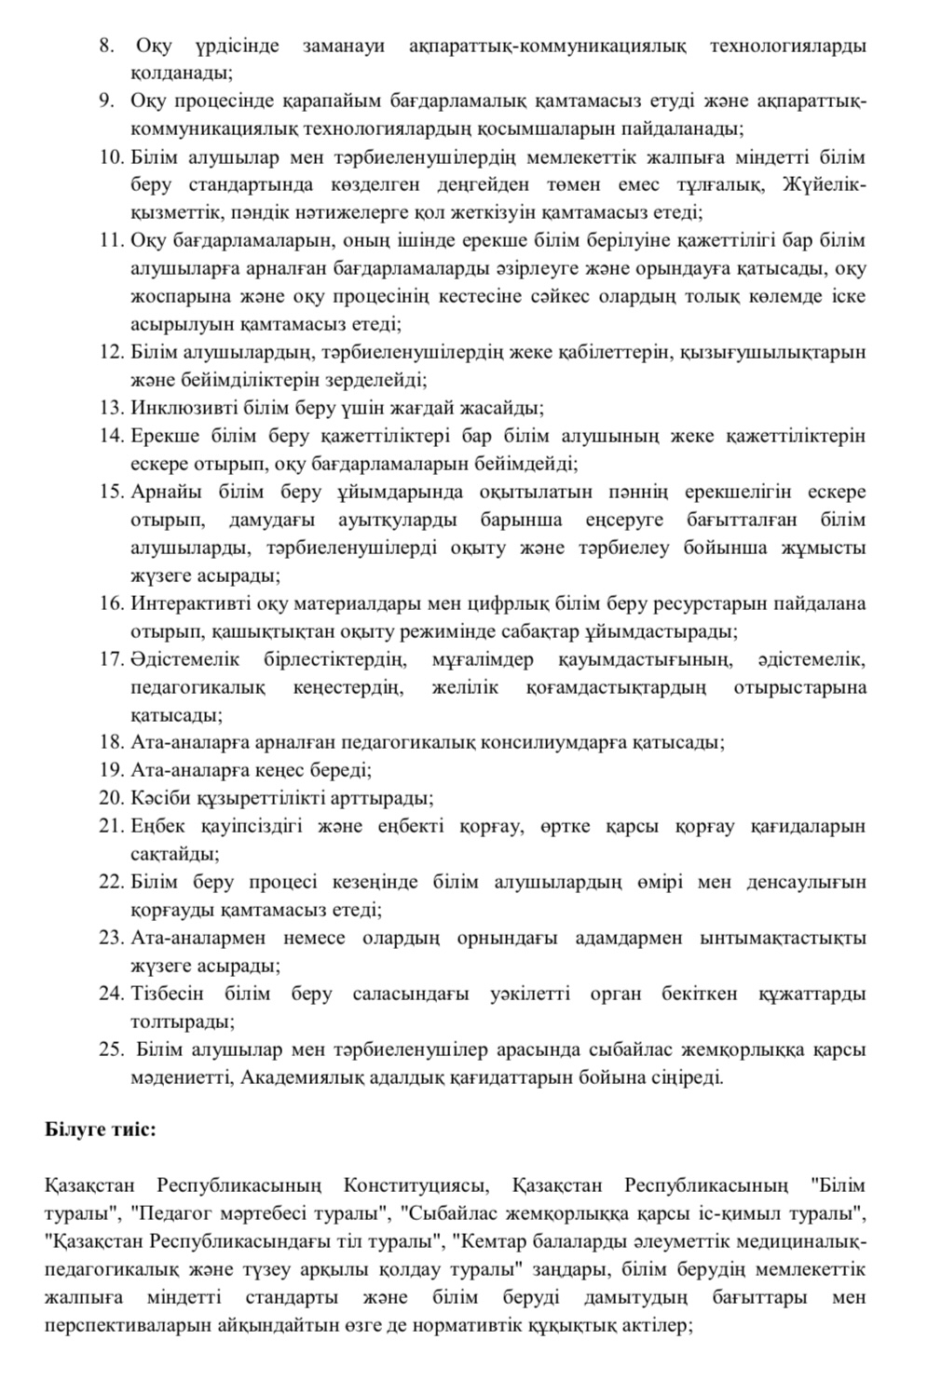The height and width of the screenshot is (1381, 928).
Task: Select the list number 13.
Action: [x=110, y=407]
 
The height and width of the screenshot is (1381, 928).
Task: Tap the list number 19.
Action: [x=110, y=770]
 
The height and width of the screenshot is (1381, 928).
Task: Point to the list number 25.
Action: [x=110, y=1049]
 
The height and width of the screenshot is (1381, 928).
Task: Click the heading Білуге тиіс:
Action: [x=101, y=1130]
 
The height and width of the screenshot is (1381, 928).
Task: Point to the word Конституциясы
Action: [x=416, y=1185]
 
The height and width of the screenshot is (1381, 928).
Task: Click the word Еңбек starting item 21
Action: [x=157, y=826]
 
